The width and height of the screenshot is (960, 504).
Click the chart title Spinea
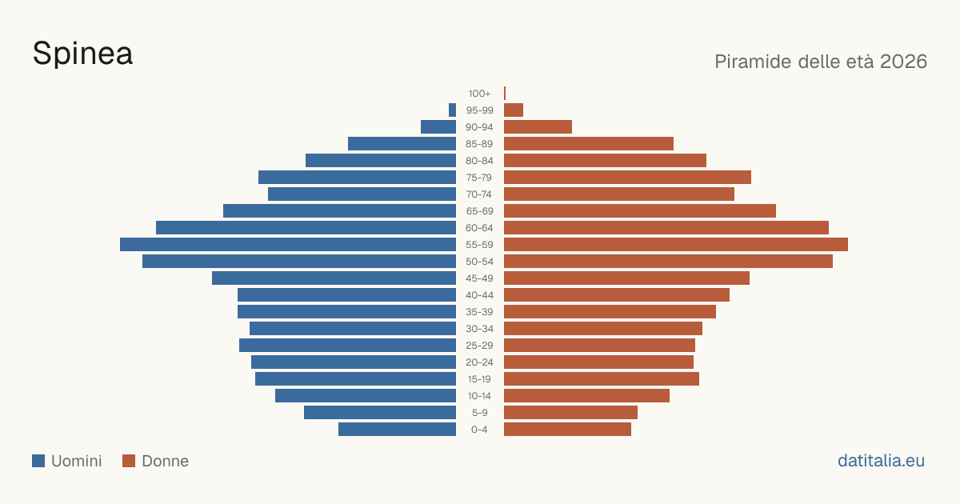coord(82,54)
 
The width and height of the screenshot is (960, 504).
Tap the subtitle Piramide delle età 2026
coord(821,62)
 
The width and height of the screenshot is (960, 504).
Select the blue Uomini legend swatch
coord(38,461)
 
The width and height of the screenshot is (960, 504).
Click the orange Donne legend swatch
coord(129,461)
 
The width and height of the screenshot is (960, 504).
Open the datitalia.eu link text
coord(881,461)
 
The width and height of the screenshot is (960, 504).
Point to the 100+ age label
coord(479,94)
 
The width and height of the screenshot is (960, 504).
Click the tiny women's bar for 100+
coord(505,93)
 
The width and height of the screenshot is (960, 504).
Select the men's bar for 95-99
coord(452,110)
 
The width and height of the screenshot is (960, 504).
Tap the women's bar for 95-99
coord(514,110)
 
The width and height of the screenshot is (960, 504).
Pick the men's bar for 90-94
coord(438,127)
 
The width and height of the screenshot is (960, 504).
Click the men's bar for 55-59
coord(288,244)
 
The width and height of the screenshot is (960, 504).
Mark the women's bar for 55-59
coord(676,244)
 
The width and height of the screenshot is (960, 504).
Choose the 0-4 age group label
coord(479,430)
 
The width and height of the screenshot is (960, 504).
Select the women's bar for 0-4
coord(567,430)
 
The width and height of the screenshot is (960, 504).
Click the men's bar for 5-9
coord(380,412)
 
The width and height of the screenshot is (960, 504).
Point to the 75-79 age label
coord(479,178)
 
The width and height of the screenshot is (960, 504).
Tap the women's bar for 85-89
coord(589,143)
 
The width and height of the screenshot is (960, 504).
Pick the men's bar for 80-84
coord(381,160)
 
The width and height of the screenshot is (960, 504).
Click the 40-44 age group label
coord(479,295)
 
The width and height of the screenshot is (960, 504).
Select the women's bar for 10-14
coord(586,395)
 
